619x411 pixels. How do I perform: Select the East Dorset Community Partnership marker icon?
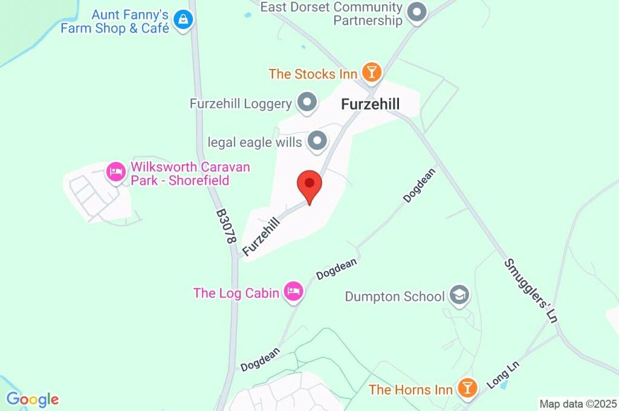(416, 12)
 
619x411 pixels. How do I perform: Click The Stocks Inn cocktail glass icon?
(371, 73)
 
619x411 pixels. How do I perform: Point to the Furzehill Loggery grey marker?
(308, 103)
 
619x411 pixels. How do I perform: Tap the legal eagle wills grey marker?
(317, 142)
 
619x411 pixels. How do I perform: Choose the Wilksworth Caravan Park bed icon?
(115, 172)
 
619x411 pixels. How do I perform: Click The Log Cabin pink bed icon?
(294, 292)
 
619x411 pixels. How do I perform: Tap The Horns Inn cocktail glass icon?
(467, 388)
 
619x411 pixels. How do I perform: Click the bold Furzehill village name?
(370, 104)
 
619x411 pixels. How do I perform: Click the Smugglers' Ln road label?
(530, 291)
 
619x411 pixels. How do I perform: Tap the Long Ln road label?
(502, 375)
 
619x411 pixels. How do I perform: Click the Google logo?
(33, 400)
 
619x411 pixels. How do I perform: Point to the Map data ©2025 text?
(578, 404)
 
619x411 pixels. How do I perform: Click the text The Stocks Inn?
(311, 74)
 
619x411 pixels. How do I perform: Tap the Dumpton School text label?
(395, 297)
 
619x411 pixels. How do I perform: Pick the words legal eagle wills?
(254, 143)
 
